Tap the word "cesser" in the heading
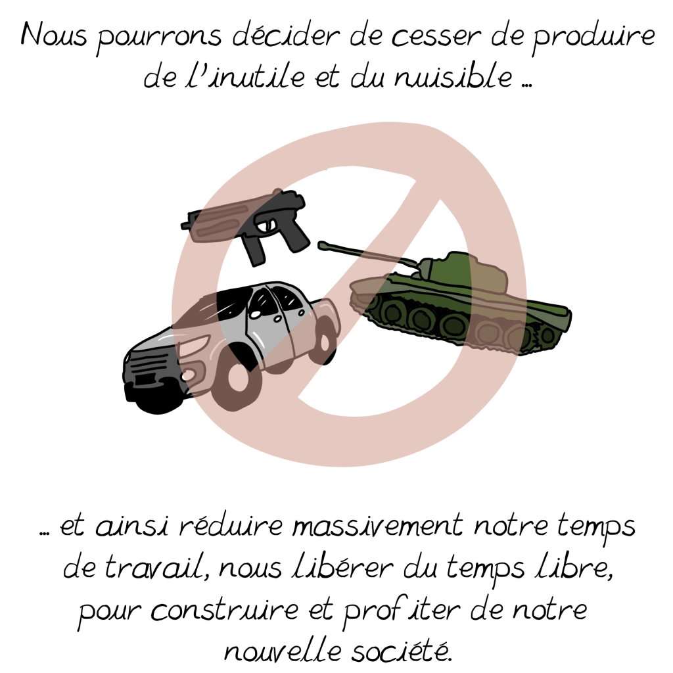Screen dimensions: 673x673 click(434, 36)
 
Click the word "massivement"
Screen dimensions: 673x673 click(378, 525)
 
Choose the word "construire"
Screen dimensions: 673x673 click(225, 609)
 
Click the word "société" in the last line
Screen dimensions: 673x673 click(401, 651)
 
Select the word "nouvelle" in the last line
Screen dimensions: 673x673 click(283, 651)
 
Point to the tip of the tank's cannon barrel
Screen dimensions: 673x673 click(321, 245)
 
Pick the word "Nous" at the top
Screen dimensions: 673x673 click(54, 34)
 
